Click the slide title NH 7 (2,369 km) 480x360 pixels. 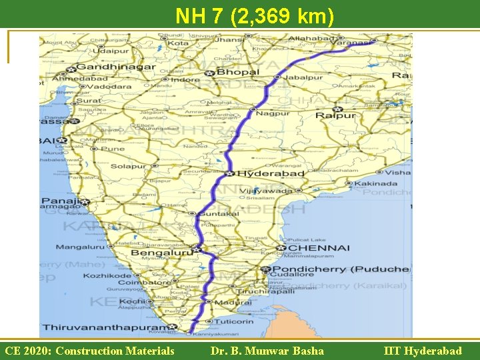point(255,15)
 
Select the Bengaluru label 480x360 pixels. point(161,253)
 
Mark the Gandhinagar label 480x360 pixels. point(116,67)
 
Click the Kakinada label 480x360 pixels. point(375,183)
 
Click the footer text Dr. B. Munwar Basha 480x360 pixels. point(267,351)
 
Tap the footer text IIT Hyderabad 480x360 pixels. point(423,351)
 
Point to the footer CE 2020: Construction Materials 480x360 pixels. point(89,351)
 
